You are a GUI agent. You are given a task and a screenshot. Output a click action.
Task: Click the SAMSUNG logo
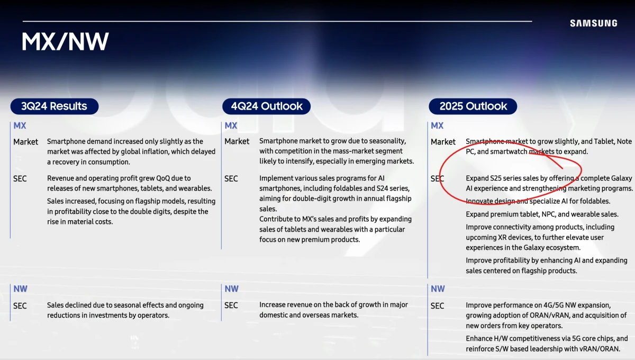(594, 23)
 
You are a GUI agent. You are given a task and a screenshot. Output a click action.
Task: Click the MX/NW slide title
(65, 41)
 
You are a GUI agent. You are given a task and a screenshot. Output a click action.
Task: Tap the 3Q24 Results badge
(55, 106)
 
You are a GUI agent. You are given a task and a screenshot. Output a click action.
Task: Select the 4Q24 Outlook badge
(267, 106)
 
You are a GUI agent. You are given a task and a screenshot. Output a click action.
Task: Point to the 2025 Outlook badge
(473, 106)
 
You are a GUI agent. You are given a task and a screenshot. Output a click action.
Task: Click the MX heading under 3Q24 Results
(20, 125)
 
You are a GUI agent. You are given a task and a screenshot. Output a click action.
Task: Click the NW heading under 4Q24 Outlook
(232, 289)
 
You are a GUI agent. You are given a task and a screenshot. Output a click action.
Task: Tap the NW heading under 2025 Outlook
(438, 289)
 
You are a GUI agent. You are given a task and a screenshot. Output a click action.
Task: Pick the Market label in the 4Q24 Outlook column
(237, 141)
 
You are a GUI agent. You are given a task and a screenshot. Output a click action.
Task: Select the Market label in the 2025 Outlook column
(443, 141)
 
